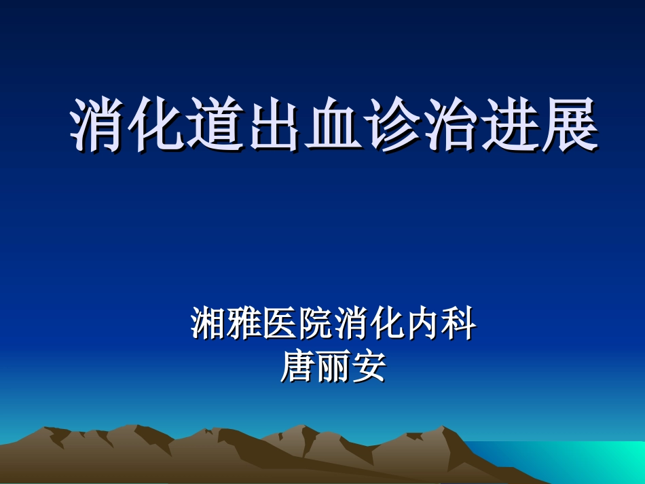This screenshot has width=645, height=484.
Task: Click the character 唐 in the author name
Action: (x=297, y=367)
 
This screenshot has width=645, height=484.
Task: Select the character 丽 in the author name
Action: (x=333, y=367)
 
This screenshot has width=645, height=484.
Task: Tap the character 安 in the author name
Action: (x=369, y=367)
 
